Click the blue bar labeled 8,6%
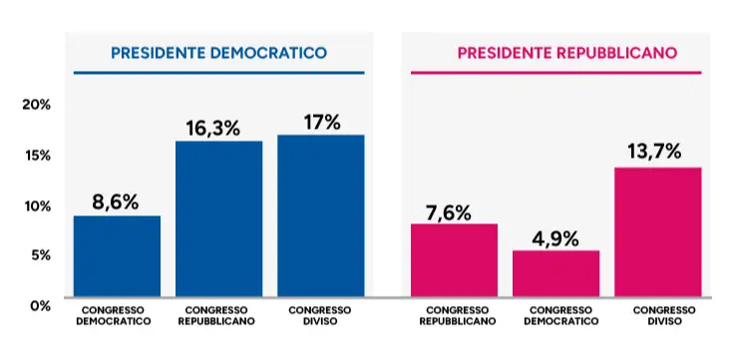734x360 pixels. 117,256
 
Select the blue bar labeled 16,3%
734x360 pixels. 219,218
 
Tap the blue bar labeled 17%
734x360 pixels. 321,215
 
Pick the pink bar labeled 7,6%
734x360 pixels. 454,260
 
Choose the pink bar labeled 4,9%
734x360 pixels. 556,273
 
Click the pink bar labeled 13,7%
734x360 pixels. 657,231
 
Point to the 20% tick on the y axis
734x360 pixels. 36,105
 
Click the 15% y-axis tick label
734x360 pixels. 37,156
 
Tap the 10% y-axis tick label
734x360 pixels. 37,206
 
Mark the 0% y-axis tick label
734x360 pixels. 39,306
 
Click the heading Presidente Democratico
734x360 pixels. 218,53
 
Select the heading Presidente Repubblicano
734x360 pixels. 566,53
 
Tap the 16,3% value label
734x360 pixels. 213,129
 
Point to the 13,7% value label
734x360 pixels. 654,152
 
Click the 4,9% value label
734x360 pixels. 555,239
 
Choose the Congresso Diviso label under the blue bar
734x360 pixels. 320,316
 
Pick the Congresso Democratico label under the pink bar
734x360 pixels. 560,316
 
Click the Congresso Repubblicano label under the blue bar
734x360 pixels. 216,316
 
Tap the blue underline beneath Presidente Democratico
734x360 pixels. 218,73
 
